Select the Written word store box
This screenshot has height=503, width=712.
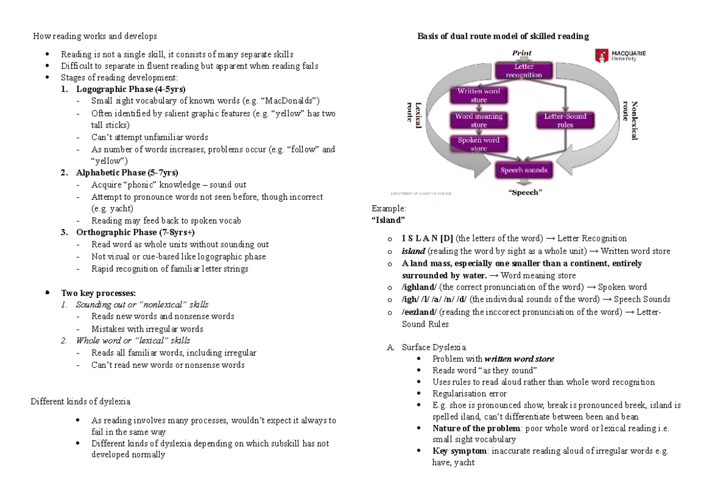pos(478,95)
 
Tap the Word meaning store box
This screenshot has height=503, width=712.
pos(478,120)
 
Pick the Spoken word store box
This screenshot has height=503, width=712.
pos(478,144)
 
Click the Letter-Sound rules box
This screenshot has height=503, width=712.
pos(565,120)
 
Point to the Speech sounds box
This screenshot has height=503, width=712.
pos(523,170)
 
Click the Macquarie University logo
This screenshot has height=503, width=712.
pos(620,56)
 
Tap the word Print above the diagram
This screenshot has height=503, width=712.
pos(522,53)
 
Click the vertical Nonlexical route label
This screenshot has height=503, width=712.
pos(630,120)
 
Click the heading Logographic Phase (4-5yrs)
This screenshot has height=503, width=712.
pos(126,90)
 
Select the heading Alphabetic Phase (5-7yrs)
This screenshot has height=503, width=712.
pos(127,173)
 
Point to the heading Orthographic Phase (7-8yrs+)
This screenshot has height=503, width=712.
pos(135,232)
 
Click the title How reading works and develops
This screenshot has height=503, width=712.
pos(96,36)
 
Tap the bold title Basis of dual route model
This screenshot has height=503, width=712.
pos(503,36)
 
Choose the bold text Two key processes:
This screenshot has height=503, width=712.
pos(98,293)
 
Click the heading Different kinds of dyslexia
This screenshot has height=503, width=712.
pos(80,402)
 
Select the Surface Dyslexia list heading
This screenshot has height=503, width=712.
pos(433,347)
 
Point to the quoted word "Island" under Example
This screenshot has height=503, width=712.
pos(388,220)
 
